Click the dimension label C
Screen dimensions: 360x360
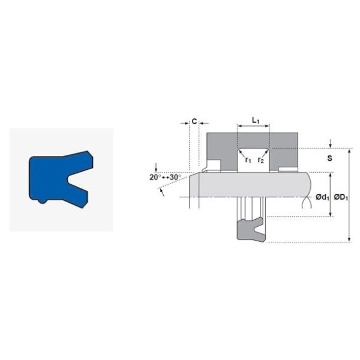coord(194,121)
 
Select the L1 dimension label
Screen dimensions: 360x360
coord(254,121)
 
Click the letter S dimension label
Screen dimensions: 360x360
coord(330,159)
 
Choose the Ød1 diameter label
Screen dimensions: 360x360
coord(322,197)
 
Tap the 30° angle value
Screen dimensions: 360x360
coord(175,177)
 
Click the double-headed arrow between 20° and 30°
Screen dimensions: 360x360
coord(166,177)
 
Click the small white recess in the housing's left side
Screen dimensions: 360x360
coord(214,165)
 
